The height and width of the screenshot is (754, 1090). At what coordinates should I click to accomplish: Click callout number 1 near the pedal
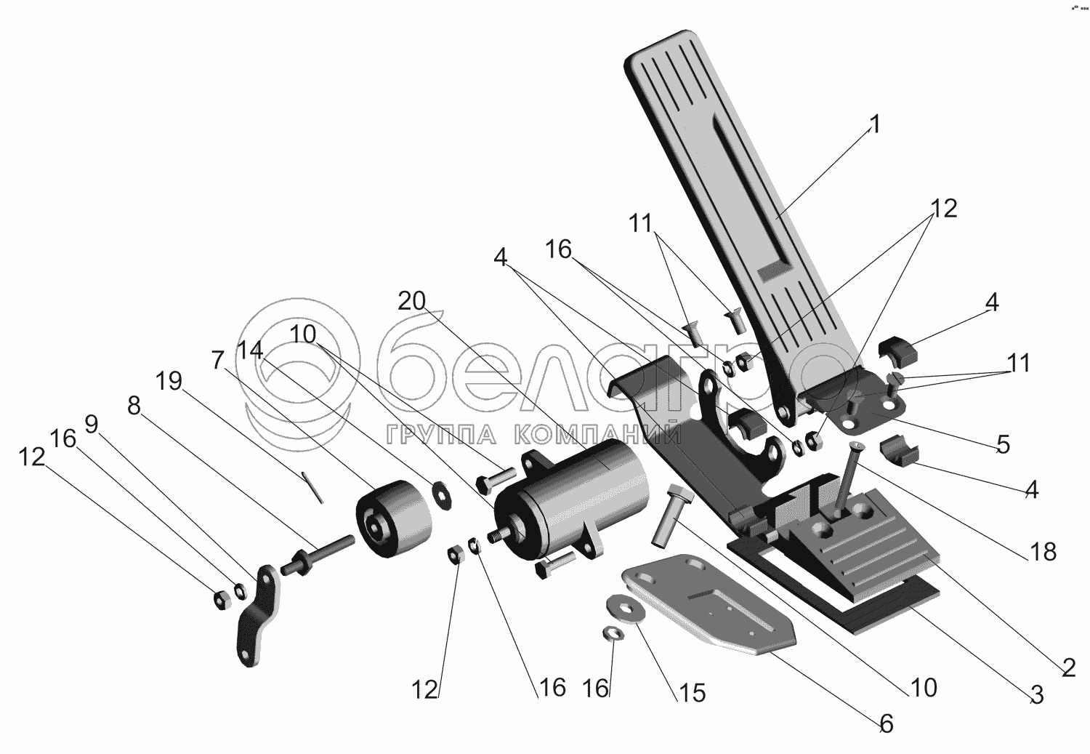[875, 125]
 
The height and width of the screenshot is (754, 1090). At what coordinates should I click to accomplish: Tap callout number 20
[411, 301]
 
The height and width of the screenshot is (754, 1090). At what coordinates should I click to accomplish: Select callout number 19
[169, 381]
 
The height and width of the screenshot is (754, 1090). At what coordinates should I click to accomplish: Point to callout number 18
[1043, 552]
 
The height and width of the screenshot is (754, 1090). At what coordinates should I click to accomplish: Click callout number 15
[693, 693]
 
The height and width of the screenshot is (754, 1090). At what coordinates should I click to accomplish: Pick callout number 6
[885, 723]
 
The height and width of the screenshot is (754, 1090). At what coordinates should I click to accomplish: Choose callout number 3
[1037, 695]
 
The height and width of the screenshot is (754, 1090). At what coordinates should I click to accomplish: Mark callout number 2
[1067, 667]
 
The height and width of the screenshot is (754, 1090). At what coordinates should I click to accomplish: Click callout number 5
[1003, 445]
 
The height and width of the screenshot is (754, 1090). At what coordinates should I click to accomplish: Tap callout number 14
[250, 350]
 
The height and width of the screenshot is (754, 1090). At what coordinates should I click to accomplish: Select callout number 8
[133, 406]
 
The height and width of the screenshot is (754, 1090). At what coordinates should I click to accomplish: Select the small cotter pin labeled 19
[313, 486]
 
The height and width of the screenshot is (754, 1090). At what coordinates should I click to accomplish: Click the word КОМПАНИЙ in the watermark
[597, 435]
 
